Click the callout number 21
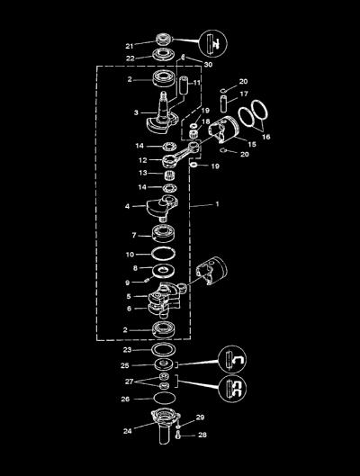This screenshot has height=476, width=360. coord(130,46)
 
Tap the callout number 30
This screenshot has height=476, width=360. coord(208,65)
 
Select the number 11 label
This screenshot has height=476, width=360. coord(197,83)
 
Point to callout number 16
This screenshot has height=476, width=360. coord(265,137)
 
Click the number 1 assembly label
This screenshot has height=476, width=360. coord(217,204)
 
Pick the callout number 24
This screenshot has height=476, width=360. coord(128,431)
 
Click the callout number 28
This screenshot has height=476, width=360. coord(202,435)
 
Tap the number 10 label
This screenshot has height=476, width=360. coord(130,255)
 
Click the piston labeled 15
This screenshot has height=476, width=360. coord(225,130)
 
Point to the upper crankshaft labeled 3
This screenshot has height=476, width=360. coord(161,112)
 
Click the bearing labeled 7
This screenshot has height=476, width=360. coord(163,233)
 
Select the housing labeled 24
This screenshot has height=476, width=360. coord(166,427)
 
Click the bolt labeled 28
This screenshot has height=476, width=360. coord(178,436)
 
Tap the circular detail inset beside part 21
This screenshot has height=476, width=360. coord(212,43)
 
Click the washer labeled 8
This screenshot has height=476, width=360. coord(164,271)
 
